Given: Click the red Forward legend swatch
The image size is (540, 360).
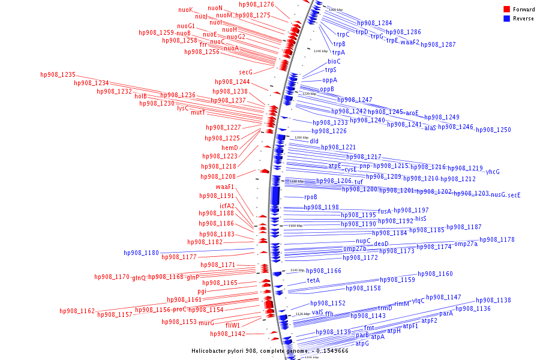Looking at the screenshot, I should click(506, 10).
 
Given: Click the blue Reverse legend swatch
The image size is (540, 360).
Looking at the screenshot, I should click(506, 19).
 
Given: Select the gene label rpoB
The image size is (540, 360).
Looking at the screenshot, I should click(310, 197).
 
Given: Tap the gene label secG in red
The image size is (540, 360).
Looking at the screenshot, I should click(245, 72).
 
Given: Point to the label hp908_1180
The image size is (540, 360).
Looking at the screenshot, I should click(142, 253).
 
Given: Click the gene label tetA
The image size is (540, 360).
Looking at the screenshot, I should click(313, 280).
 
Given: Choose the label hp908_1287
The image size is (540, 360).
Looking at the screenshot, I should click(438, 45).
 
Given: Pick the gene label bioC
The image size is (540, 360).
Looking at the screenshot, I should click(334, 61).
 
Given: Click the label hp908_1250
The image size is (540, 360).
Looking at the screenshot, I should click(493, 130).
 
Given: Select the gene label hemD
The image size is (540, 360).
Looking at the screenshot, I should click(230, 148).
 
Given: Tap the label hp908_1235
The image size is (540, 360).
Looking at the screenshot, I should click(58, 75).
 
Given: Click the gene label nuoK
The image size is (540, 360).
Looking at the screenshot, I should click(186, 10).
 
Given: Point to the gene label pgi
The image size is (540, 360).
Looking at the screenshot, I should click(202, 292).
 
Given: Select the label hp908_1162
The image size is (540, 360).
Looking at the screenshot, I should click(77, 311).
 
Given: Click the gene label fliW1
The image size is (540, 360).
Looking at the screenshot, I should click(232, 325).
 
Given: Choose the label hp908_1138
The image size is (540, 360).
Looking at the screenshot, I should click(493, 301).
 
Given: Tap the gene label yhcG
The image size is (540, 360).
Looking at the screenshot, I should click(492, 172).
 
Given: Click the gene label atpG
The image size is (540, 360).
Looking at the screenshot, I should click(362, 344).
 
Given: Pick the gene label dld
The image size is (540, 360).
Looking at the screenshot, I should click(314, 141).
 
